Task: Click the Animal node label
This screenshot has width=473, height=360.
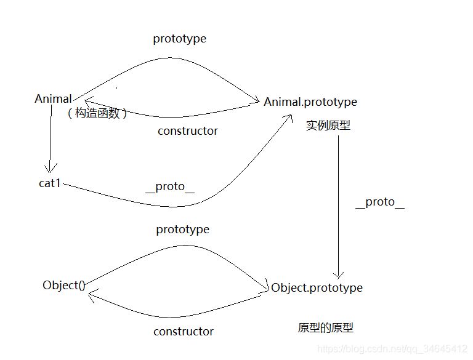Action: click(x=53, y=99)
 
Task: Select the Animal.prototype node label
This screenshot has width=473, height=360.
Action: click(x=310, y=102)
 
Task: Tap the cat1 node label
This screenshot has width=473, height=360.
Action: click(x=49, y=183)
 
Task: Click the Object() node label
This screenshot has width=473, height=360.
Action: click(x=63, y=285)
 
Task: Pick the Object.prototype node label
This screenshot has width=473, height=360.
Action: click(x=317, y=287)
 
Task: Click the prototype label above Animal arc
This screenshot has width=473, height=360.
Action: click(x=179, y=39)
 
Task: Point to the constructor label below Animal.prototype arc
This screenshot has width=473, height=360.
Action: click(x=187, y=130)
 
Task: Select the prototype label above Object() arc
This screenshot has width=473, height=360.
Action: click(x=182, y=230)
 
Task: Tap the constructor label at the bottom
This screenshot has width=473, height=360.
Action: click(x=183, y=331)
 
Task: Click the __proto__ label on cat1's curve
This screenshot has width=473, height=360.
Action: click(x=169, y=186)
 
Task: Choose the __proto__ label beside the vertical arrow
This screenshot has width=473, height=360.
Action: click(x=379, y=202)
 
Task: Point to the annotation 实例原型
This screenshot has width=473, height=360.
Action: click(x=328, y=126)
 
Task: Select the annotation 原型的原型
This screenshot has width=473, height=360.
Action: click(x=325, y=327)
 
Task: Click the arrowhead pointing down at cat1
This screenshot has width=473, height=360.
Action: click(x=50, y=167)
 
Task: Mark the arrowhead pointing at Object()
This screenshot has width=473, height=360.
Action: click(x=91, y=296)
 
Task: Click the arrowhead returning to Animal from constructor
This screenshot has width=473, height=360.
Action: click(x=87, y=102)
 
